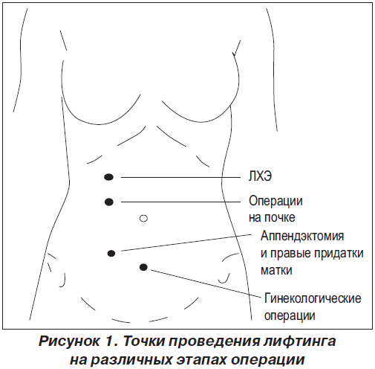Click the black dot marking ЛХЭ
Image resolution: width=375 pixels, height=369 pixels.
pyautogui.click(x=109, y=177)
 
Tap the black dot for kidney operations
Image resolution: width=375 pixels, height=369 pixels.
pyautogui.click(x=109, y=202)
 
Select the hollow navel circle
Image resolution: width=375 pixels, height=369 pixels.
pyautogui.click(x=143, y=218)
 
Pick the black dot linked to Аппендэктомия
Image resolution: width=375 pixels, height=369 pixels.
pyautogui.click(x=111, y=254)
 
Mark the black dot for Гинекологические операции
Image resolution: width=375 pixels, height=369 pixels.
pyautogui.click(x=143, y=267)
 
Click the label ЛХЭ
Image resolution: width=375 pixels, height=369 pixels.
pyautogui.click(x=260, y=176)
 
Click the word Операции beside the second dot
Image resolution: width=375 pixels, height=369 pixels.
pyautogui.click(x=275, y=201)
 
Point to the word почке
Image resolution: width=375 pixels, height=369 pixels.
pyautogui.click(x=280, y=218)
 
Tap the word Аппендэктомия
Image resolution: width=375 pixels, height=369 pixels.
pyautogui.click(x=302, y=236)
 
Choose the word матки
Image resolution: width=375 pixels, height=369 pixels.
pyautogui.click(x=276, y=270)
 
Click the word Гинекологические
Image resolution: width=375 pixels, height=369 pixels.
pyautogui.click(x=313, y=298)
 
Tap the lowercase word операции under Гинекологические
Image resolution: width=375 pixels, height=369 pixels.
pyautogui.click(x=290, y=316)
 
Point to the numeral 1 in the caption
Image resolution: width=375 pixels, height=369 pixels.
pyautogui.click(x=109, y=341)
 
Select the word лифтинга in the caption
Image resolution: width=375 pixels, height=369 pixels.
pyautogui.click(x=299, y=341)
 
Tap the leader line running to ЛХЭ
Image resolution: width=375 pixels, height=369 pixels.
pyautogui.click(x=180, y=177)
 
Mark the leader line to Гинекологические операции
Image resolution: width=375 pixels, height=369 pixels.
pyautogui.click(x=206, y=283)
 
